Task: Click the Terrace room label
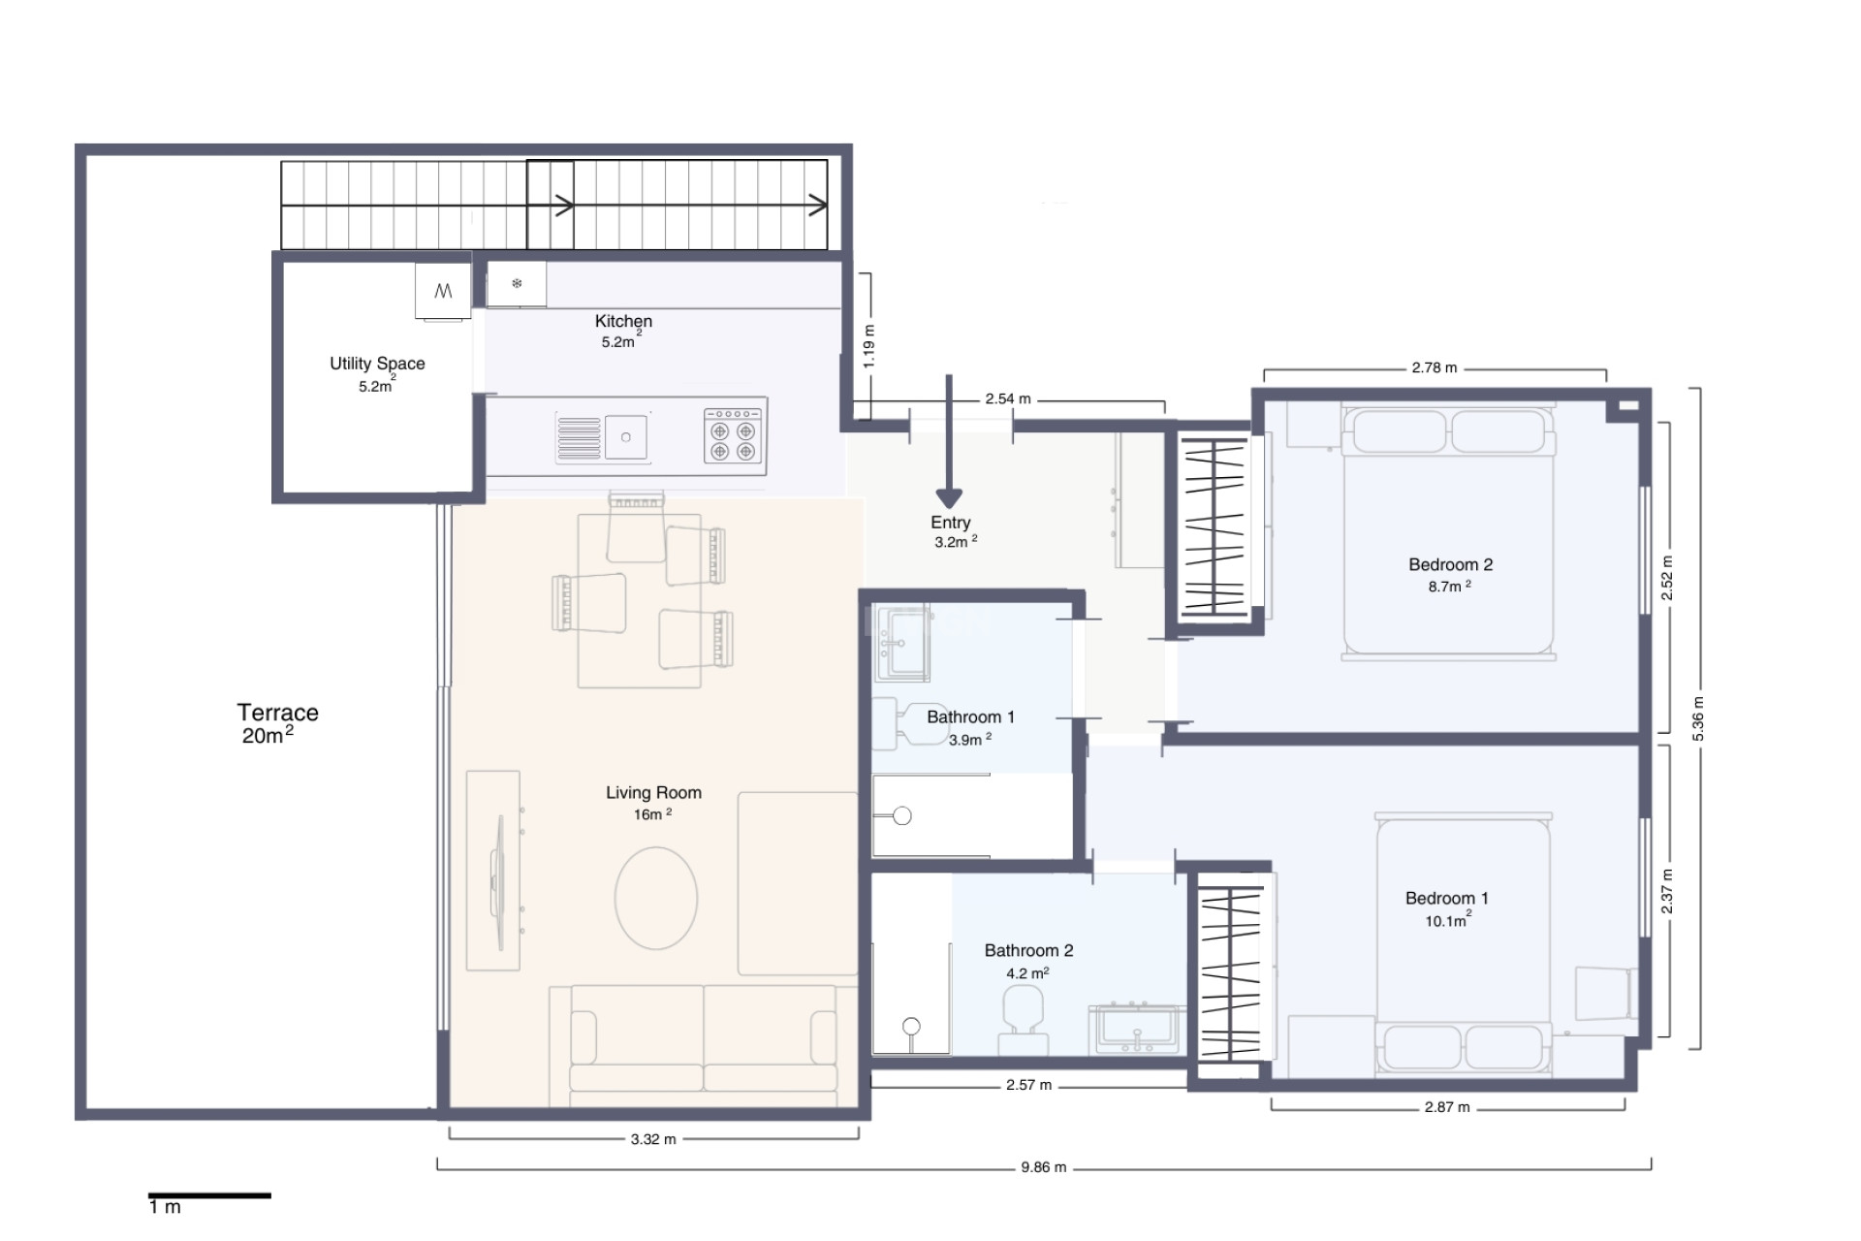coord(277,714)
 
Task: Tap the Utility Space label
coord(377,364)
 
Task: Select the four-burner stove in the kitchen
coord(733,435)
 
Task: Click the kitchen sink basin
coord(626,437)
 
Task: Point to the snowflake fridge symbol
coord(517,284)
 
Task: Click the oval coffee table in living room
coord(656,898)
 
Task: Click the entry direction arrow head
coord(949,498)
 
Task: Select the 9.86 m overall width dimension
coord(1043,1167)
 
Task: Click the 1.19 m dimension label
coord(869,345)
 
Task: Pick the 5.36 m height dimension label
coord(1697,718)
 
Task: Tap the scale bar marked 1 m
coord(209,1196)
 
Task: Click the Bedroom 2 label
coord(1450,564)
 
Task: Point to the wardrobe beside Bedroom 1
coord(1231,973)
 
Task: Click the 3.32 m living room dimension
coord(653,1139)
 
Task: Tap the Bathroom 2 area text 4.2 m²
coord(1027,973)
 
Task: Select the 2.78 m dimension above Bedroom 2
coord(1434,368)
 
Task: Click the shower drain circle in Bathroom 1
coord(902,815)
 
